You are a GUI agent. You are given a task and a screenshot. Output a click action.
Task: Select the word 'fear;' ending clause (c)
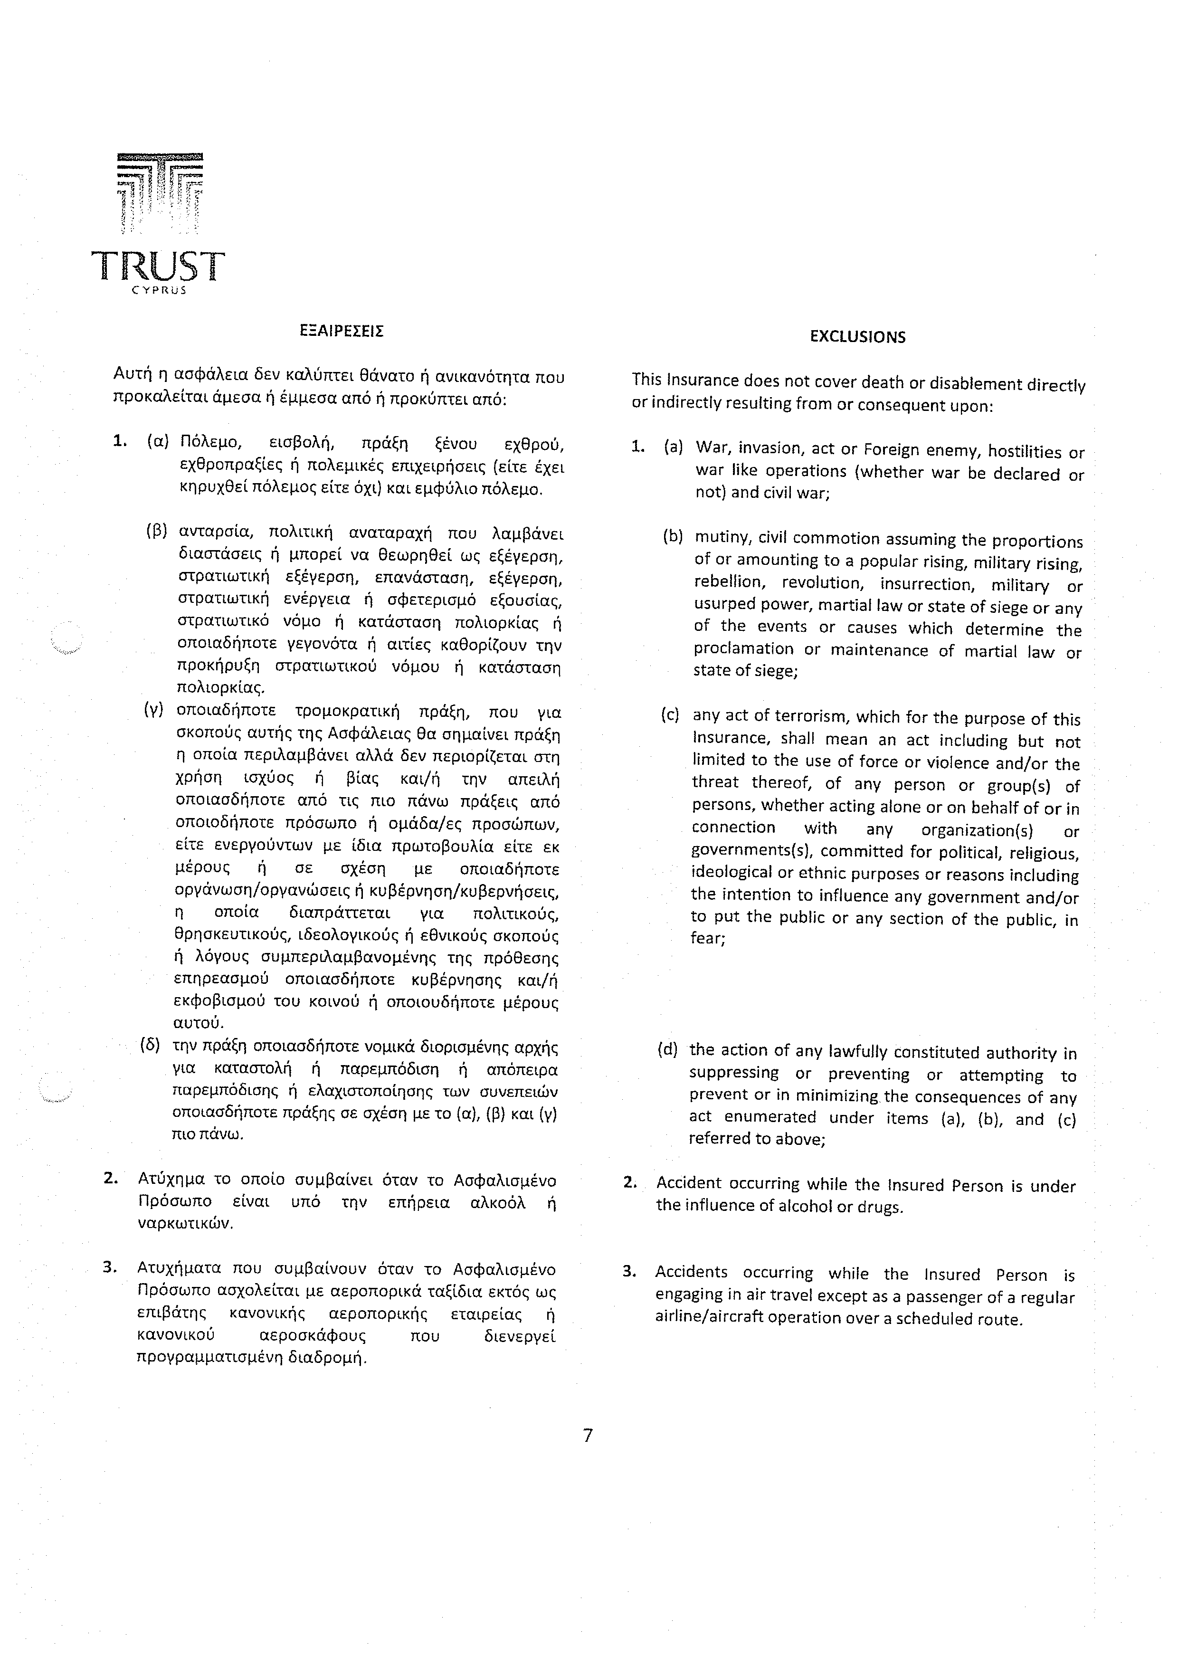pyautogui.click(x=708, y=938)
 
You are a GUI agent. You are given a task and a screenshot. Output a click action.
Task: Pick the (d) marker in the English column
pyautogui.click(x=666, y=1050)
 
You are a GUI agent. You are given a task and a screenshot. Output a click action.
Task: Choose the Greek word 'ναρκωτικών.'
pyautogui.click(x=185, y=1223)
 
